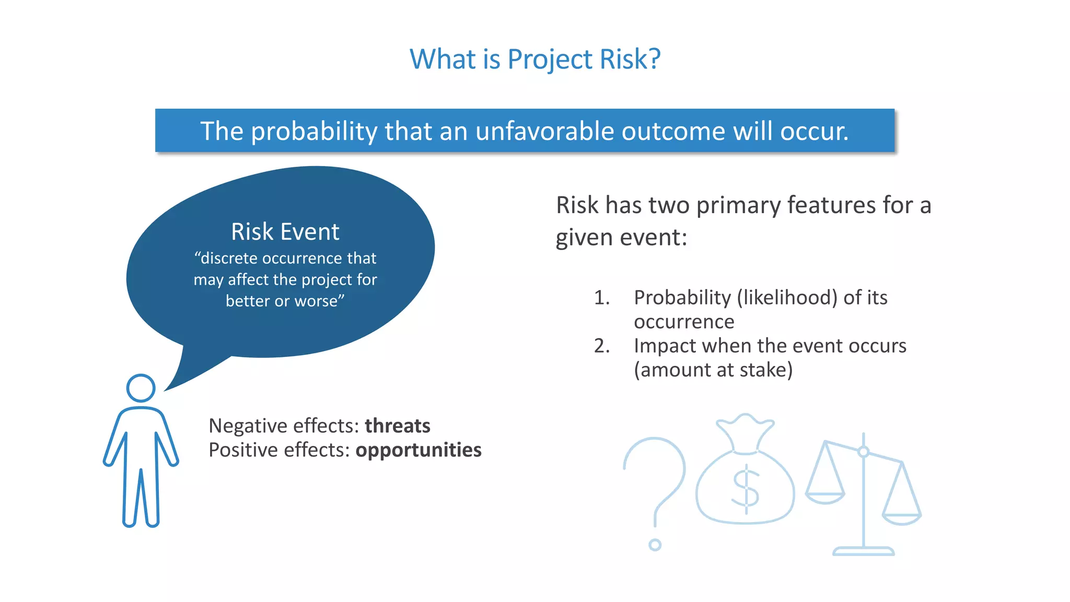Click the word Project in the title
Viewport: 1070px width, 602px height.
[550, 59]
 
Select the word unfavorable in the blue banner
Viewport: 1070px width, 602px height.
[544, 131]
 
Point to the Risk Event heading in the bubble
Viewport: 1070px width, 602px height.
[285, 231]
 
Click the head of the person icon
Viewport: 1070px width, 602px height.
[141, 388]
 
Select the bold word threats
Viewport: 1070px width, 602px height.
[397, 426]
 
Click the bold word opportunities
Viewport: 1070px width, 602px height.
[418, 450]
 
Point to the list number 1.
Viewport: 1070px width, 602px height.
[601, 298]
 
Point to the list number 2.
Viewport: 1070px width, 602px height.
[601, 346]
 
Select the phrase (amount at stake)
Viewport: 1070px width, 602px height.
[713, 370]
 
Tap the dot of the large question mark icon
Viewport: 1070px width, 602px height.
[655, 545]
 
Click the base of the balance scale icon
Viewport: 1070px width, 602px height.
[863, 551]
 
